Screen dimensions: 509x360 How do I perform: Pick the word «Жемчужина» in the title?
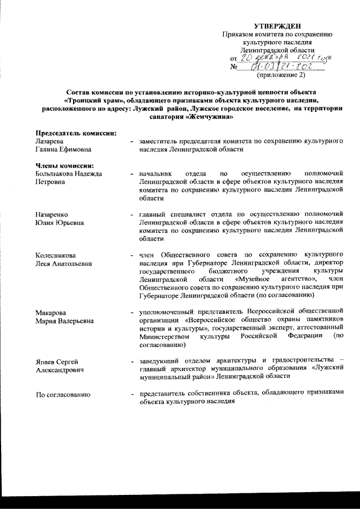coord(210,116)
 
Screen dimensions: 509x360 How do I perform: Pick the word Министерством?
coord(164,336)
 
